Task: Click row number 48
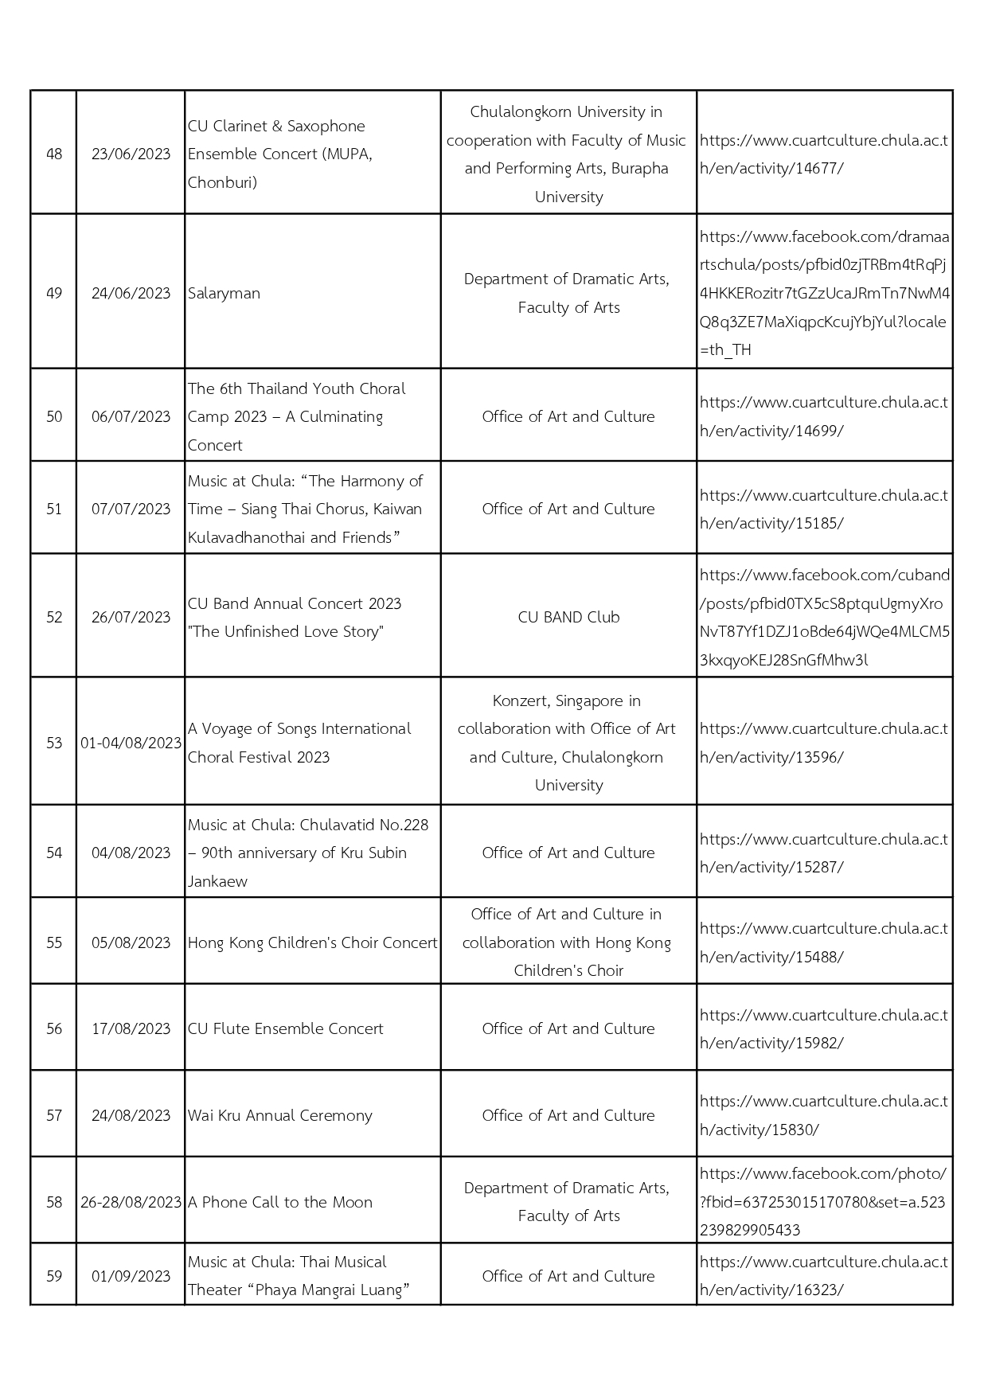[x=54, y=154]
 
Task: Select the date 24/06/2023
[x=131, y=293]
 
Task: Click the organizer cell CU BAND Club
[x=568, y=617]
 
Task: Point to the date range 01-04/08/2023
[x=131, y=743]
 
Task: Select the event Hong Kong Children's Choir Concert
[x=312, y=942]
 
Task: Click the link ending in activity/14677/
[x=823, y=154]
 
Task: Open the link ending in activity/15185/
[x=823, y=509]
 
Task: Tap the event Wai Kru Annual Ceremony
[x=279, y=1115]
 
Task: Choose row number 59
[x=54, y=1276]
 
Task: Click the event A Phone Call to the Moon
[x=279, y=1202]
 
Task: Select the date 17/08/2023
[x=131, y=1028]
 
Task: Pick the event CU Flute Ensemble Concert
[x=285, y=1028]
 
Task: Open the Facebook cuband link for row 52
[x=823, y=617]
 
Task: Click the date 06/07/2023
[x=131, y=416]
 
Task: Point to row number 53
[x=54, y=743]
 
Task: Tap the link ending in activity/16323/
[x=823, y=1276]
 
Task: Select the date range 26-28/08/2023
[x=131, y=1202]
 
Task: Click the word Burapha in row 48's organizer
[x=639, y=169]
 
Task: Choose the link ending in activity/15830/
[x=823, y=1115]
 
